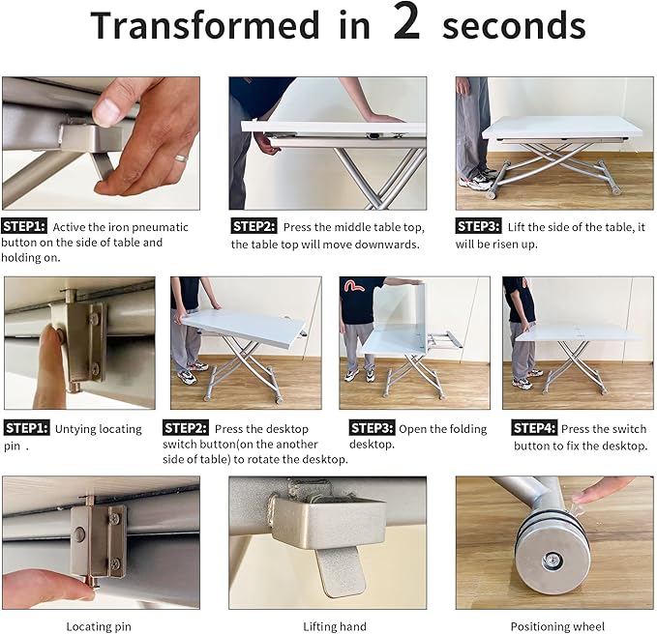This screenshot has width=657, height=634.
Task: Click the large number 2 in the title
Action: pyautogui.click(x=406, y=21)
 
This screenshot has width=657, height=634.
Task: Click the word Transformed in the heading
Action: pyautogui.click(x=205, y=25)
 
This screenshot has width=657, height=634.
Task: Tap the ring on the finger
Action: pyautogui.click(x=182, y=158)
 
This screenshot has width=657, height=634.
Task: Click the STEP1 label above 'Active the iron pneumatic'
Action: pyautogui.click(x=24, y=226)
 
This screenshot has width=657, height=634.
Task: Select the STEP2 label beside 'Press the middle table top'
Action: pyautogui.click(x=254, y=226)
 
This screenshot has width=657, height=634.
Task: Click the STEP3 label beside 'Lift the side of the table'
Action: pyautogui.click(x=478, y=226)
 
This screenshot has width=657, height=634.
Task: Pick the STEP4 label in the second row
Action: pyautogui.click(x=534, y=428)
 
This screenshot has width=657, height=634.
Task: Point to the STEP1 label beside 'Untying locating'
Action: pyautogui.click(x=26, y=428)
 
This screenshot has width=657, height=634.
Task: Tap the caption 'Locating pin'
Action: pyautogui.click(x=99, y=626)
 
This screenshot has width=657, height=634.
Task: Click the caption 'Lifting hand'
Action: pyautogui.click(x=335, y=626)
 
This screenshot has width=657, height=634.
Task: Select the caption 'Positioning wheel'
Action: pyautogui.click(x=557, y=626)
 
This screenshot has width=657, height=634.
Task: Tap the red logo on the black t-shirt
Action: pyautogui.click(x=354, y=285)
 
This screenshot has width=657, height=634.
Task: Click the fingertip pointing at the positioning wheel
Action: pyautogui.click(x=583, y=497)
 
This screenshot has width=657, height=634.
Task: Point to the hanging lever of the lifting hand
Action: pyautogui.click(x=341, y=571)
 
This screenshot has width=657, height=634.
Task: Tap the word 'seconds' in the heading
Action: pyautogui.click(x=514, y=26)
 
